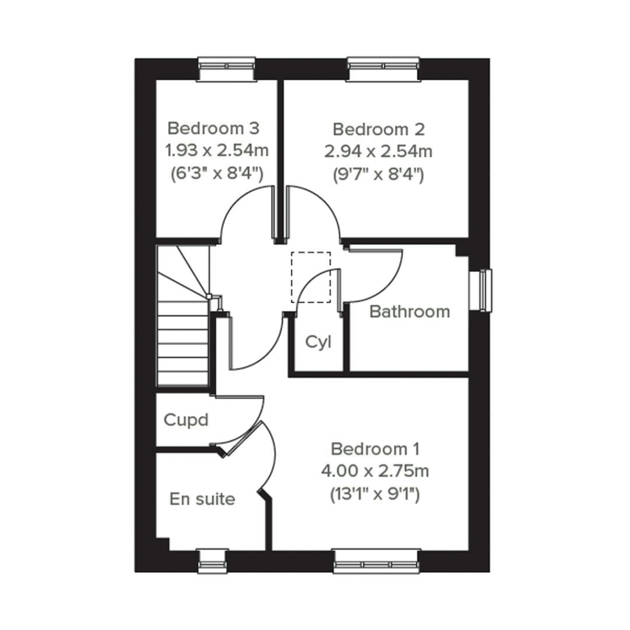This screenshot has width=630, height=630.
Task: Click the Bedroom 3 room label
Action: [213, 129]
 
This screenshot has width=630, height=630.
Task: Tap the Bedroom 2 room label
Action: [378, 129]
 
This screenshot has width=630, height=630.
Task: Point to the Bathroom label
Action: [409, 311]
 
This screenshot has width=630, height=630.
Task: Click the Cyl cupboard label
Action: [318, 342]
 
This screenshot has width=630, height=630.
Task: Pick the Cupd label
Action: [186, 420]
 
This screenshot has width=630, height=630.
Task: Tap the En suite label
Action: [202, 498]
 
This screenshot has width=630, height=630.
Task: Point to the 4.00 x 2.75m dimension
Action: [375, 471]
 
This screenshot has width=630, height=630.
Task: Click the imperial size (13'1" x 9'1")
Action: [375, 493]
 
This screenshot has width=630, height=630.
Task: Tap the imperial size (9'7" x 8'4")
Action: [379, 174]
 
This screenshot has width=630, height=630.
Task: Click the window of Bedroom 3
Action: [226, 68]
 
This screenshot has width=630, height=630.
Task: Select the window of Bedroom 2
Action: [383, 68]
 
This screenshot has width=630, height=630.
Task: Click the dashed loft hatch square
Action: [311, 277]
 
